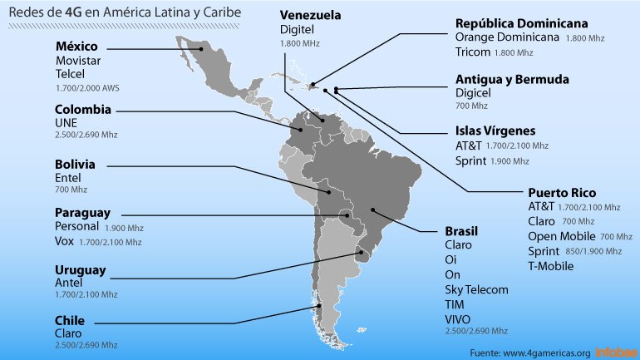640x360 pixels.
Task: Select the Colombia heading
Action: point(82,110)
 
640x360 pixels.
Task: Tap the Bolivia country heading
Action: point(75,165)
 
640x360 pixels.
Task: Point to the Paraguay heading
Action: point(82,213)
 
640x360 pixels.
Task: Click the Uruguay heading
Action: point(80,269)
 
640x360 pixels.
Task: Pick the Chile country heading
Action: point(70,320)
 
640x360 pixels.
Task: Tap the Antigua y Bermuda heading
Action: point(512,80)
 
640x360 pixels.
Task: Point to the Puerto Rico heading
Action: point(562,192)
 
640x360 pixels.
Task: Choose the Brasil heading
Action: point(461,230)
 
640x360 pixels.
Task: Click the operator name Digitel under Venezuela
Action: point(297,29)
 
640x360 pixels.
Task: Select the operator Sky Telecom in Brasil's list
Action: point(476,289)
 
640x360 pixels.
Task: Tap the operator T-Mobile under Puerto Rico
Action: point(550,265)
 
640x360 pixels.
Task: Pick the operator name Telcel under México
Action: point(71,73)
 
